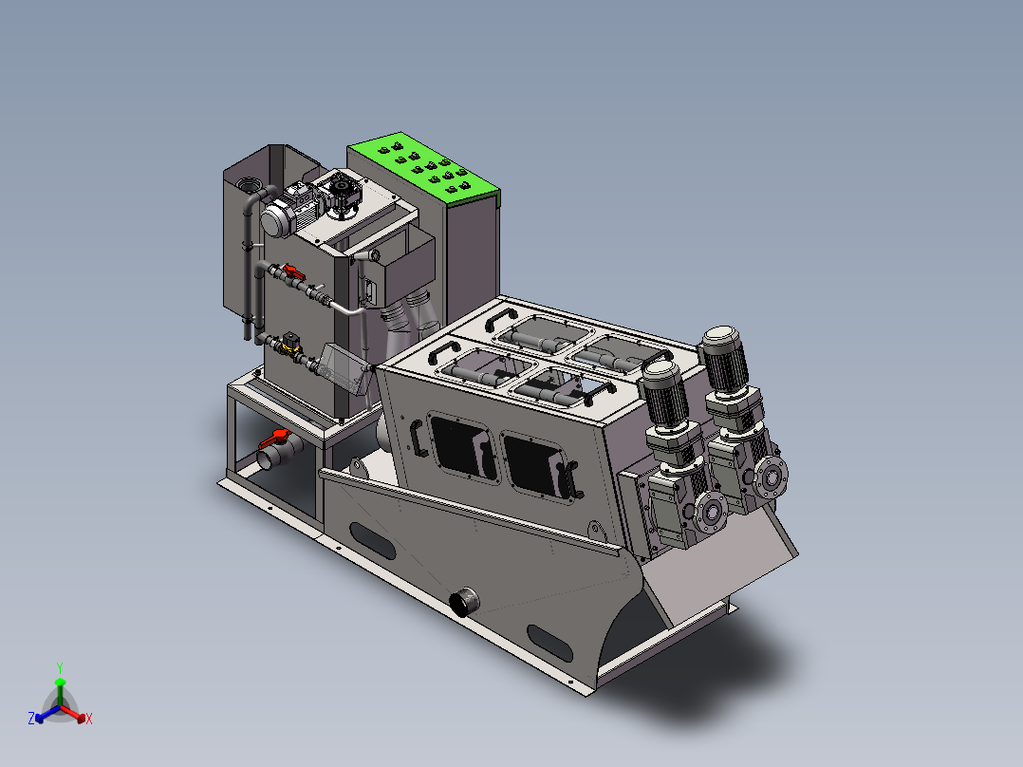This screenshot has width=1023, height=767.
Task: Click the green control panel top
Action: tap(424, 167)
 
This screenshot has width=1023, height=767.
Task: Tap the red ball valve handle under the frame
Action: tap(274, 438)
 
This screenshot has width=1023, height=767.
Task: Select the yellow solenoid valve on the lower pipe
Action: tap(289, 343)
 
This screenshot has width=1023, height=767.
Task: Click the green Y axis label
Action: tap(60, 667)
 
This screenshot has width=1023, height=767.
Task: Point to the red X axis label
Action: tap(89, 719)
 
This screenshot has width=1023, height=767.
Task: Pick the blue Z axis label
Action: tap(31, 718)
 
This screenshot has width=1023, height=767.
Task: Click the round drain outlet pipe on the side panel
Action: tap(465, 602)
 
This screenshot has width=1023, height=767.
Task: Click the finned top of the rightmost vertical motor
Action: tap(724, 359)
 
